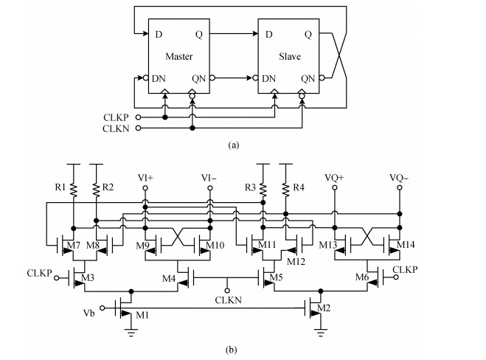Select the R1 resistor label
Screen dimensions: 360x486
(61, 188)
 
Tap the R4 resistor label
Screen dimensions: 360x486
(298, 188)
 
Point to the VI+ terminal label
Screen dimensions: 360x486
(146, 178)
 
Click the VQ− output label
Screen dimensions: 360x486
(399, 178)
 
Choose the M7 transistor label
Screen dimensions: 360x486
(72, 244)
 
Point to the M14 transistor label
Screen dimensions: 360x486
(406, 244)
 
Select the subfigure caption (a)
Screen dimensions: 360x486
(235, 145)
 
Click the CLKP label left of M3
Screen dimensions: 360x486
(39, 272)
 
